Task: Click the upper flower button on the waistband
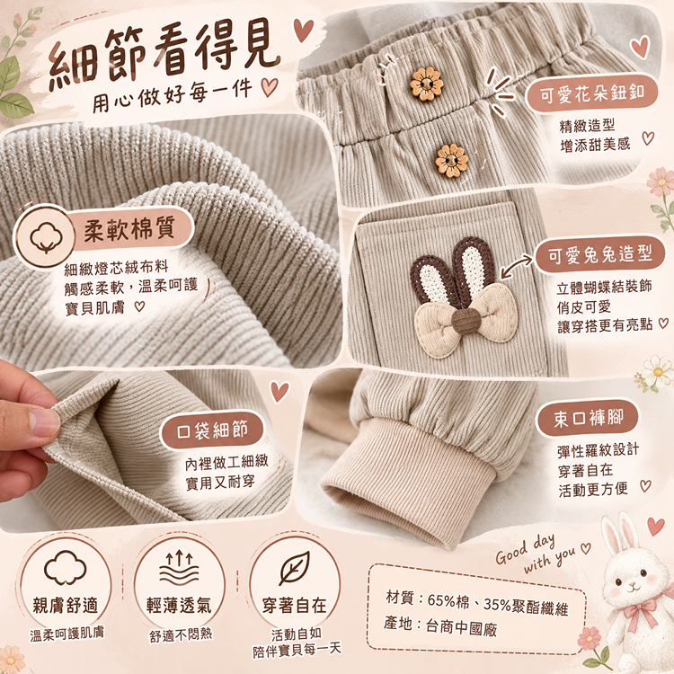[x=426, y=84]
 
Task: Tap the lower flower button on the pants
[x=451, y=161]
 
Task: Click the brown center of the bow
[x=466, y=321]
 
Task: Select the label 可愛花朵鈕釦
[x=592, y=93]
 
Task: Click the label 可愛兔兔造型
[x=600, y=254]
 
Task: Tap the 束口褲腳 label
[x=588, y=418]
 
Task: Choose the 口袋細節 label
[x=212, y=430]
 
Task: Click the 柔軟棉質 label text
[x=129, y=228]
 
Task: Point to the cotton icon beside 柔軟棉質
[x=46, y=237]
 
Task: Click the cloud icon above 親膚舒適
[x=66, y=567]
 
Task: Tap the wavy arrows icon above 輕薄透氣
[x=179, y=568]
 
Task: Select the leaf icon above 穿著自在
[x=295, y=568]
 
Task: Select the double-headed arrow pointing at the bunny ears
[x=517, y=266]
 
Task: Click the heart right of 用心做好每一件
[x=270, y=87]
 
